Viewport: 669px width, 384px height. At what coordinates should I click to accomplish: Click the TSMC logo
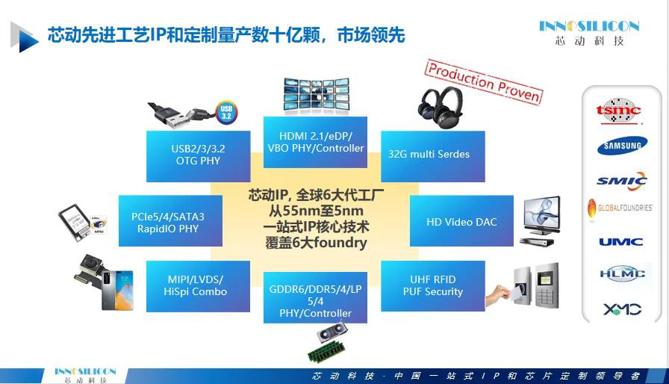(x=619, y=111)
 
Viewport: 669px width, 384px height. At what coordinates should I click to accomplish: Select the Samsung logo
(x=622, y=146)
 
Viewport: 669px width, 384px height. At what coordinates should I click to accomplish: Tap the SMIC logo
(x=622, y=181)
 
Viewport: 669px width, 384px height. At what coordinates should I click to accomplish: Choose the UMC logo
(x=620, y=242)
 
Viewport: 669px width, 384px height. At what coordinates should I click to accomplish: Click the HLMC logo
(x=622, y=273)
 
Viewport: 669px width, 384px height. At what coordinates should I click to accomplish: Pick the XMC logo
(x=622, y=309)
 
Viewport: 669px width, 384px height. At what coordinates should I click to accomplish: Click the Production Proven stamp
(x=484, y=81)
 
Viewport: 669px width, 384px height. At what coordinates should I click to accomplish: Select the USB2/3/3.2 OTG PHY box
(x=198, y=156)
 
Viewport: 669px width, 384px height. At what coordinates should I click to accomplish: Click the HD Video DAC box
(x=461, y=220)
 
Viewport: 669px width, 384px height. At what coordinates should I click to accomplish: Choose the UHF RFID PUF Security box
(x=432, y=286)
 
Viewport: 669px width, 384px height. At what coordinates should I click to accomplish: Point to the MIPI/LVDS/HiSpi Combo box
(x=198, y=286)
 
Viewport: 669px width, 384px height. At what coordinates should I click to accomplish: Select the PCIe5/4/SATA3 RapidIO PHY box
(x=170, y=220)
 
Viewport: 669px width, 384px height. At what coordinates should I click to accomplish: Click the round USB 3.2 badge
(x=226, y=113)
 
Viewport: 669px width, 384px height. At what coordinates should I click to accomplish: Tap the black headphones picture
(x=441, y=107)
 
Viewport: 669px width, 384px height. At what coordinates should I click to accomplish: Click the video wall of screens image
(x=316, y=96)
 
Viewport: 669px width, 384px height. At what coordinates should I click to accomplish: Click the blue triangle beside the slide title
(x=25, y=37)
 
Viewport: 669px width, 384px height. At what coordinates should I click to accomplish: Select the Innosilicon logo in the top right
(x=589, y=32)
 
